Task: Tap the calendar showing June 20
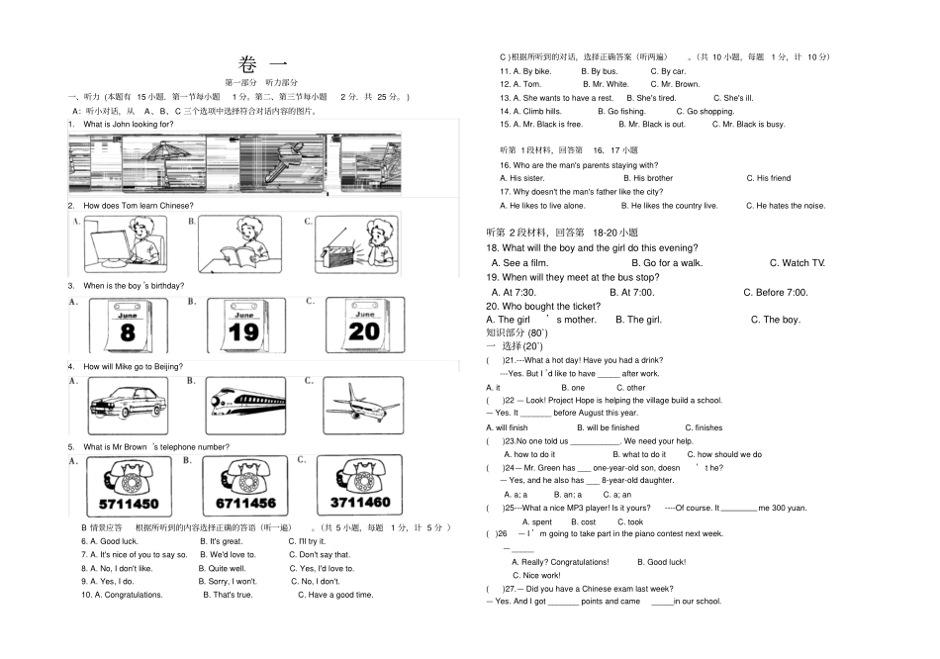(x=362, y=325)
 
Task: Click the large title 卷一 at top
(x=261, y=66)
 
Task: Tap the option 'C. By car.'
(x=668, y=71)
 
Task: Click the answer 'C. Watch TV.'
(x=797, y=263)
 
